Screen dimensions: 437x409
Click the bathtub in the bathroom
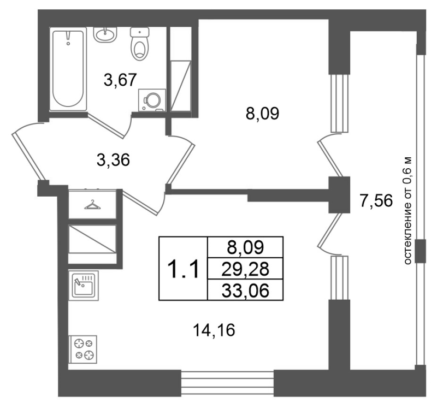(68, 69)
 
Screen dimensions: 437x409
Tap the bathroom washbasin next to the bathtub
(105, 34)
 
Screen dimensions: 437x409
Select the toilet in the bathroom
(140, 44)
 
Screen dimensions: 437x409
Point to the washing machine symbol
(152, 100)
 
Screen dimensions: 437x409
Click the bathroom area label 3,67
(120, 80)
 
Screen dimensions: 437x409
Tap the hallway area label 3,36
(113, 160)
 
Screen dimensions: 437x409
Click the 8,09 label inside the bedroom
(262, 114)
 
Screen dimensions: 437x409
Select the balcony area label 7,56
(376, 200)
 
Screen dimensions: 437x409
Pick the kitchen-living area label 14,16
(214, 330)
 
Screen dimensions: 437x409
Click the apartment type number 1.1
(183, 269)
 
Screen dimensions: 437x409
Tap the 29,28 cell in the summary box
(245, 269)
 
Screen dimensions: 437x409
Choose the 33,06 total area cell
(245, 290)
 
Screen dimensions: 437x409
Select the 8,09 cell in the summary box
(245, 247)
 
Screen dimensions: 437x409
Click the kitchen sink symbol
(84, 285)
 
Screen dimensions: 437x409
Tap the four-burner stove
(83, 349)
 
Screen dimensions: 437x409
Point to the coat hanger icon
(92, 205)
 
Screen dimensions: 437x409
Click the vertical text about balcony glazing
(407, 210)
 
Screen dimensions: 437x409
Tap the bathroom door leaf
(106, 126)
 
